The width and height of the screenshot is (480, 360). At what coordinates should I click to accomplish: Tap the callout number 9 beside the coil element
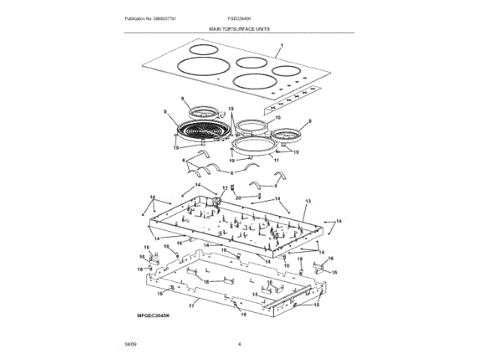click(164, 113)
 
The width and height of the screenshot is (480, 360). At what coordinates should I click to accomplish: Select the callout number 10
click(277, 118)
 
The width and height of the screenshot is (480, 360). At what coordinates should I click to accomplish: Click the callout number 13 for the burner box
click(307, 202)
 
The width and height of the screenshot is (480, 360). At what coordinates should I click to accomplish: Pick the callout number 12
click(223, 187)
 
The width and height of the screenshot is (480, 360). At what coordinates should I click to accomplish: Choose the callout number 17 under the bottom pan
click(192, 306)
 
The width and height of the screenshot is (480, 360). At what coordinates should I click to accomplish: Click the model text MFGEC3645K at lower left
click(154, 317)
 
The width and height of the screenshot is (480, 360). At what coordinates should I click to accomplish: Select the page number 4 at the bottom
click(238, 343)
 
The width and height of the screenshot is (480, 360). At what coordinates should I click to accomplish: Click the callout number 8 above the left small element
click(182, 99)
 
